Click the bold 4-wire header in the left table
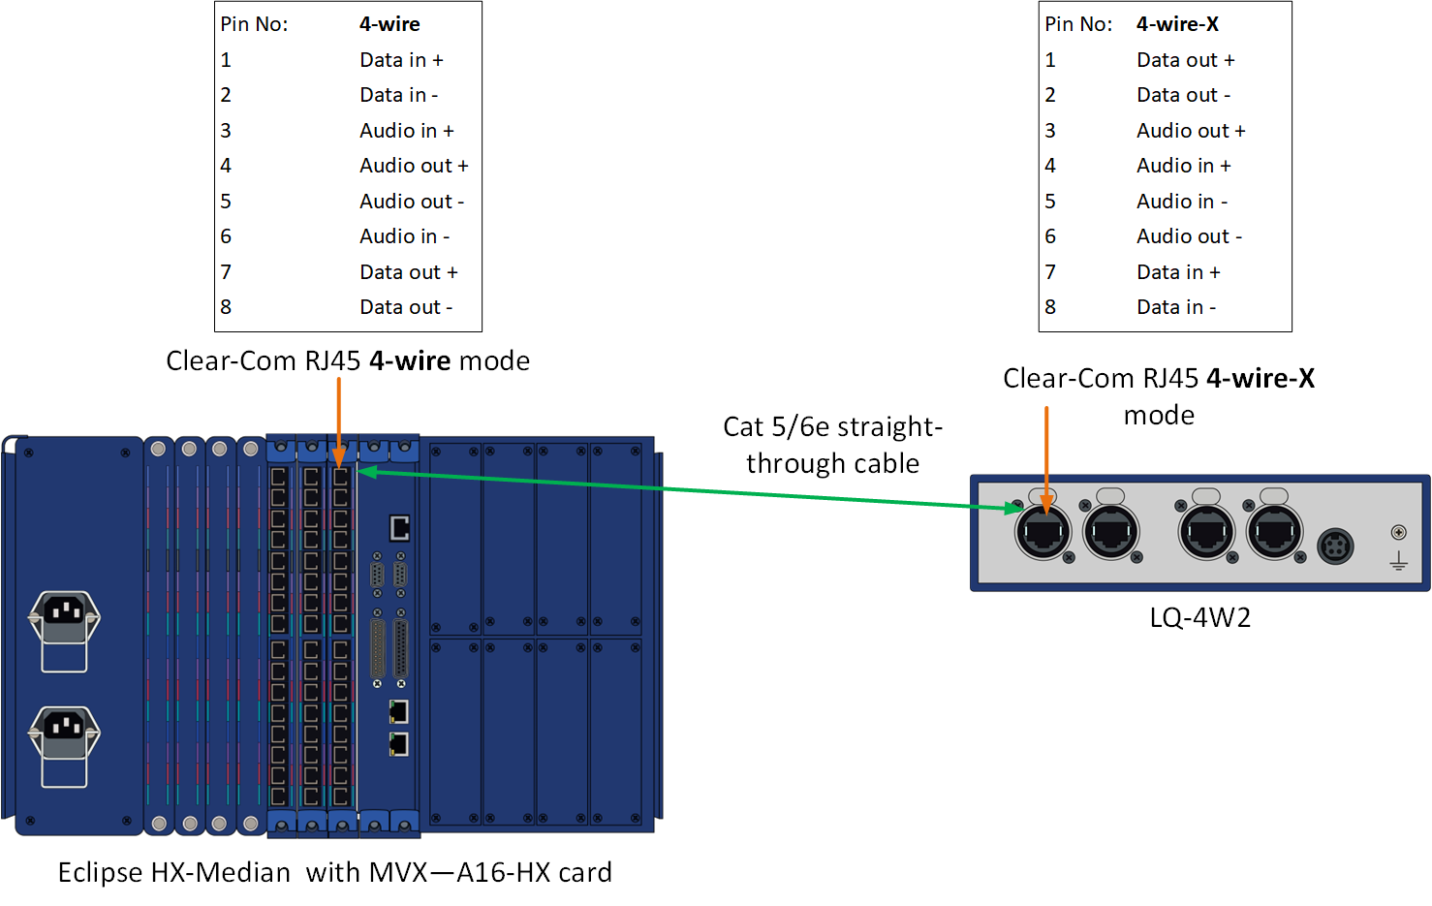pyautogui.click(x=389, y=24)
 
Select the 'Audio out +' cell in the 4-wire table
pyautogui.click(x=414, y=166)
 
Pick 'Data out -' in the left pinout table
pyautogui.click(x=406, y=307)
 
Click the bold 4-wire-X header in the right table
pyautogui.click(x=1177, y=24)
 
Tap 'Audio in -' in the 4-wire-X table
pyautogui.click(x=1181, y=202)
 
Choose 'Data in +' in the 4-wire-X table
pyautogui.click(x=1178, y=272)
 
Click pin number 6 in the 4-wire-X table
pyautogui.click(x=1050, y=236)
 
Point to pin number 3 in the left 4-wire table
pyautogui.click(x=226, y=131)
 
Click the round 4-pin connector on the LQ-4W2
pyautogui.click(x=1335, y=547)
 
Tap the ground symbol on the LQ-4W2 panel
pyautogui.click(x=1398, y=561)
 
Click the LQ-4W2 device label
pyautogui.click(x=1199, y=617)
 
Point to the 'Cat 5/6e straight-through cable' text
pyautogui.click(x=832, y=445)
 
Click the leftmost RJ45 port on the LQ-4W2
pyautogui.click(x=1043, y=532)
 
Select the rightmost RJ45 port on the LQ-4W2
pyautogui.click(x=1274, y=532)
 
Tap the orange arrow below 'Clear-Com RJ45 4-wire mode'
pyautogui.click(x=339, y=422)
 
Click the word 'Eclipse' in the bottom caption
pyautogui.click(x=101, y=873)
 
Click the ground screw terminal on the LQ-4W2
pyautogui.click(x=1398, y=532)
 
